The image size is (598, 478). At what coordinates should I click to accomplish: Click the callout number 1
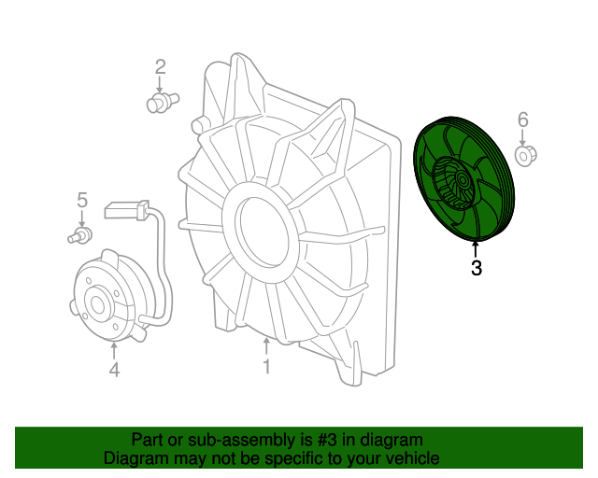266,366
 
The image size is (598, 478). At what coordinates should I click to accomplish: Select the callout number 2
161,66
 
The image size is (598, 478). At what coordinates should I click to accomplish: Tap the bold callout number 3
477,268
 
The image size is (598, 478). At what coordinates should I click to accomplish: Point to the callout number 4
114,370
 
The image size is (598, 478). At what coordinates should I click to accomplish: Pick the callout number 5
82,200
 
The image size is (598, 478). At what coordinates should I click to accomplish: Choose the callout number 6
523,119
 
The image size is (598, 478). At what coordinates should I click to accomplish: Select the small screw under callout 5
79,235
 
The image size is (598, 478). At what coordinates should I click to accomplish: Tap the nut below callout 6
526,156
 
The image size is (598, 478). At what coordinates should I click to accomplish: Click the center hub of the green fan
463,179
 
